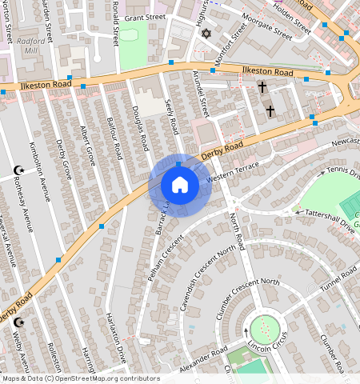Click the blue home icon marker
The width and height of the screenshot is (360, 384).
coord(180,186)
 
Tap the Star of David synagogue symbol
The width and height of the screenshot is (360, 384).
coord(206,34)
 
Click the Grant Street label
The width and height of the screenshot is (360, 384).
coord(145,17)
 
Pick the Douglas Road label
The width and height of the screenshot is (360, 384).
coord(139,129)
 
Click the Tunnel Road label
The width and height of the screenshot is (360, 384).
coord(338,281)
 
